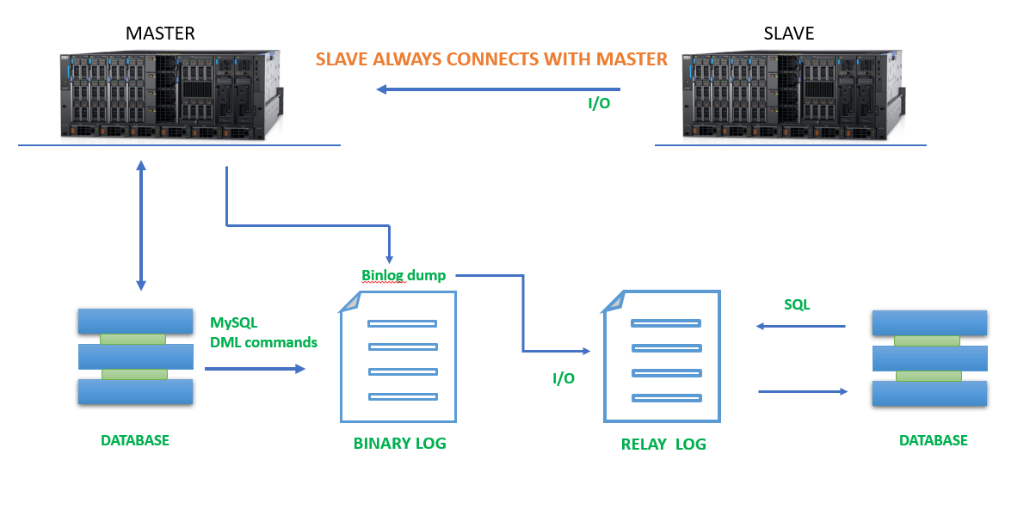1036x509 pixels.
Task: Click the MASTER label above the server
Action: [160, 34]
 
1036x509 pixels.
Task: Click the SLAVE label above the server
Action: [788, 34]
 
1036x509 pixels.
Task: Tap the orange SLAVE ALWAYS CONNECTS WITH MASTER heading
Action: [491, 59]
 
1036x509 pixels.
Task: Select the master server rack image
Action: [171, 95]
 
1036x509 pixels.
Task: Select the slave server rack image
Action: [793, 95]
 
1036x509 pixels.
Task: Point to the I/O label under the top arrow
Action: [599, 103]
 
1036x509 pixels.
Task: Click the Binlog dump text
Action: [404, 275]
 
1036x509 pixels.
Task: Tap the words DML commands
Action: [263, 342]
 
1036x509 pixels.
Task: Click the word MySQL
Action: [233, 322]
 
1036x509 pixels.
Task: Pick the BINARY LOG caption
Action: [399, 443]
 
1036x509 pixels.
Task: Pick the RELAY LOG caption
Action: [663, 444]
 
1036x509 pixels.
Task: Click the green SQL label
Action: [797, 304]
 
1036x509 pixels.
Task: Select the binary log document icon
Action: [398, 357]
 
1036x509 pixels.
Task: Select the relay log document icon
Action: [662, 356]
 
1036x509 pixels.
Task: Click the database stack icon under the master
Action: [135, 357]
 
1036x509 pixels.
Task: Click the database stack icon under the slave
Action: [929, 359]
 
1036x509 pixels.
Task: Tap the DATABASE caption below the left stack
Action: [135, 440]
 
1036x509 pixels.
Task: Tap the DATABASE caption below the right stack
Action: [934, 440]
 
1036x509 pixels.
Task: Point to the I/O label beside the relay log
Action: [564, 378]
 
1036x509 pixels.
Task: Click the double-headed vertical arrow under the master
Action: [141, 225]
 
